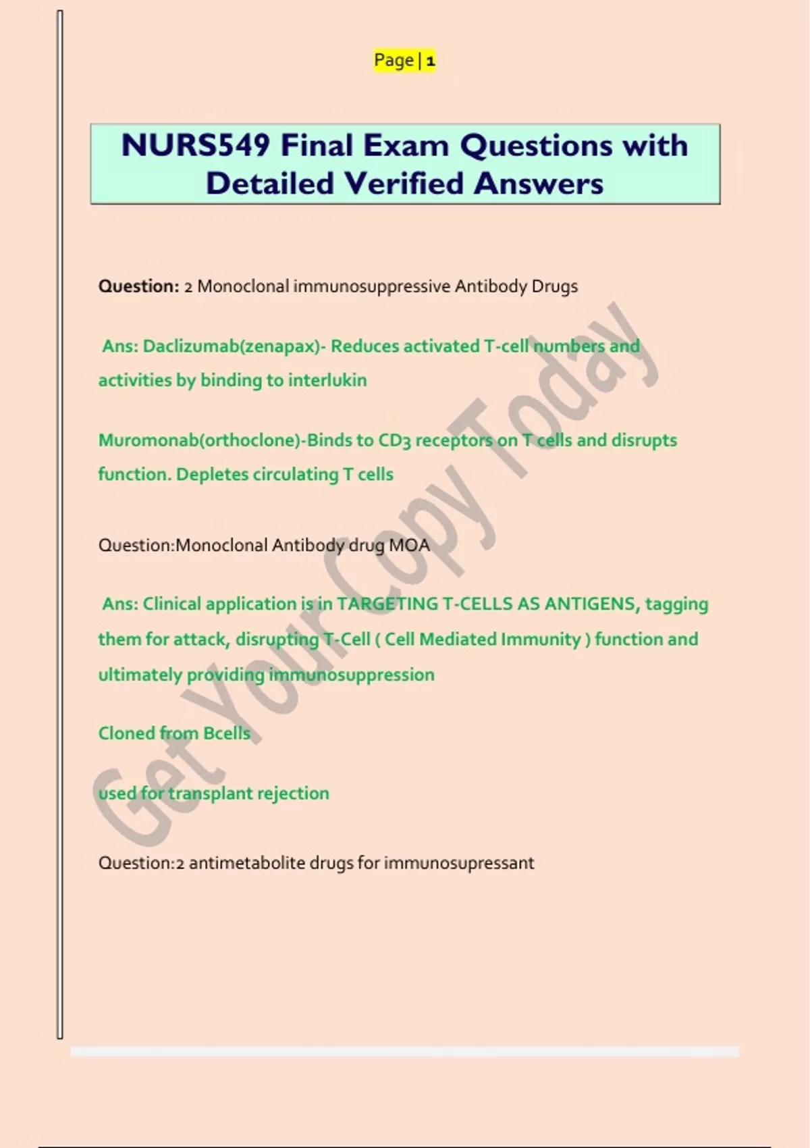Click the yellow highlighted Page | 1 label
[x=404, y=61]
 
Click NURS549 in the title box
[x=195, y=146]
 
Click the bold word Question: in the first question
[x=138, y=286]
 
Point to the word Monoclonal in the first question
[x=243, y=286]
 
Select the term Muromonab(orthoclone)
[x=200, y=440]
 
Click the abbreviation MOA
[x=409, y=545]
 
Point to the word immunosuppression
[x=351, y=675]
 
